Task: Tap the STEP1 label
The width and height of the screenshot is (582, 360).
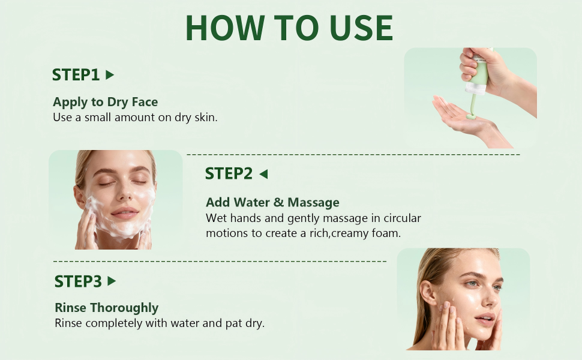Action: [76, 75]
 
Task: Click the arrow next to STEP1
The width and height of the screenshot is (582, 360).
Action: [109, 75]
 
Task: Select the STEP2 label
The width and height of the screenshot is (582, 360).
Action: [229, 173]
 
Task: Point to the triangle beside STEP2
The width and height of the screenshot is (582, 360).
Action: [263, 174]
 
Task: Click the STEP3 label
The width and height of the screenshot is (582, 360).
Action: [78, 281]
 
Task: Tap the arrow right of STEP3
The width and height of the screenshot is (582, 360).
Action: [111, 281]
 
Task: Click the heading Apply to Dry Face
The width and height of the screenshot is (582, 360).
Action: [105, 102]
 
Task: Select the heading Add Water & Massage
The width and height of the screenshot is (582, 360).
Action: [272, 202]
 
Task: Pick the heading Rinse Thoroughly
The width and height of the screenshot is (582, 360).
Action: [106, 308]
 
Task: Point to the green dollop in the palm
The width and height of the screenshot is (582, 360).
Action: [472, 115]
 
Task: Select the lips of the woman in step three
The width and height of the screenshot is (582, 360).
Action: [485, 319]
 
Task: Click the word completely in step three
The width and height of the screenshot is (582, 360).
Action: [113, 323]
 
